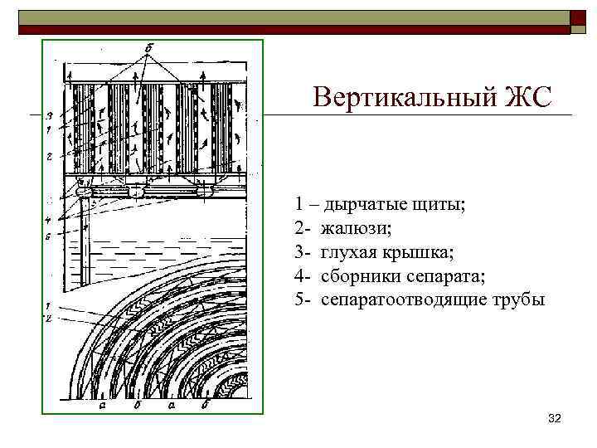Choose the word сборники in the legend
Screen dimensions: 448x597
tap(358, 275)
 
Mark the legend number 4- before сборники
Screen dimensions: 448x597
tap(301, 275)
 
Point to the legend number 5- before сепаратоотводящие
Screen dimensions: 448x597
tap(301, 299)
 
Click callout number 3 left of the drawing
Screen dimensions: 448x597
tap(51, 114)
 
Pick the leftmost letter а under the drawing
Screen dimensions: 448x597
tap(100, 407)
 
